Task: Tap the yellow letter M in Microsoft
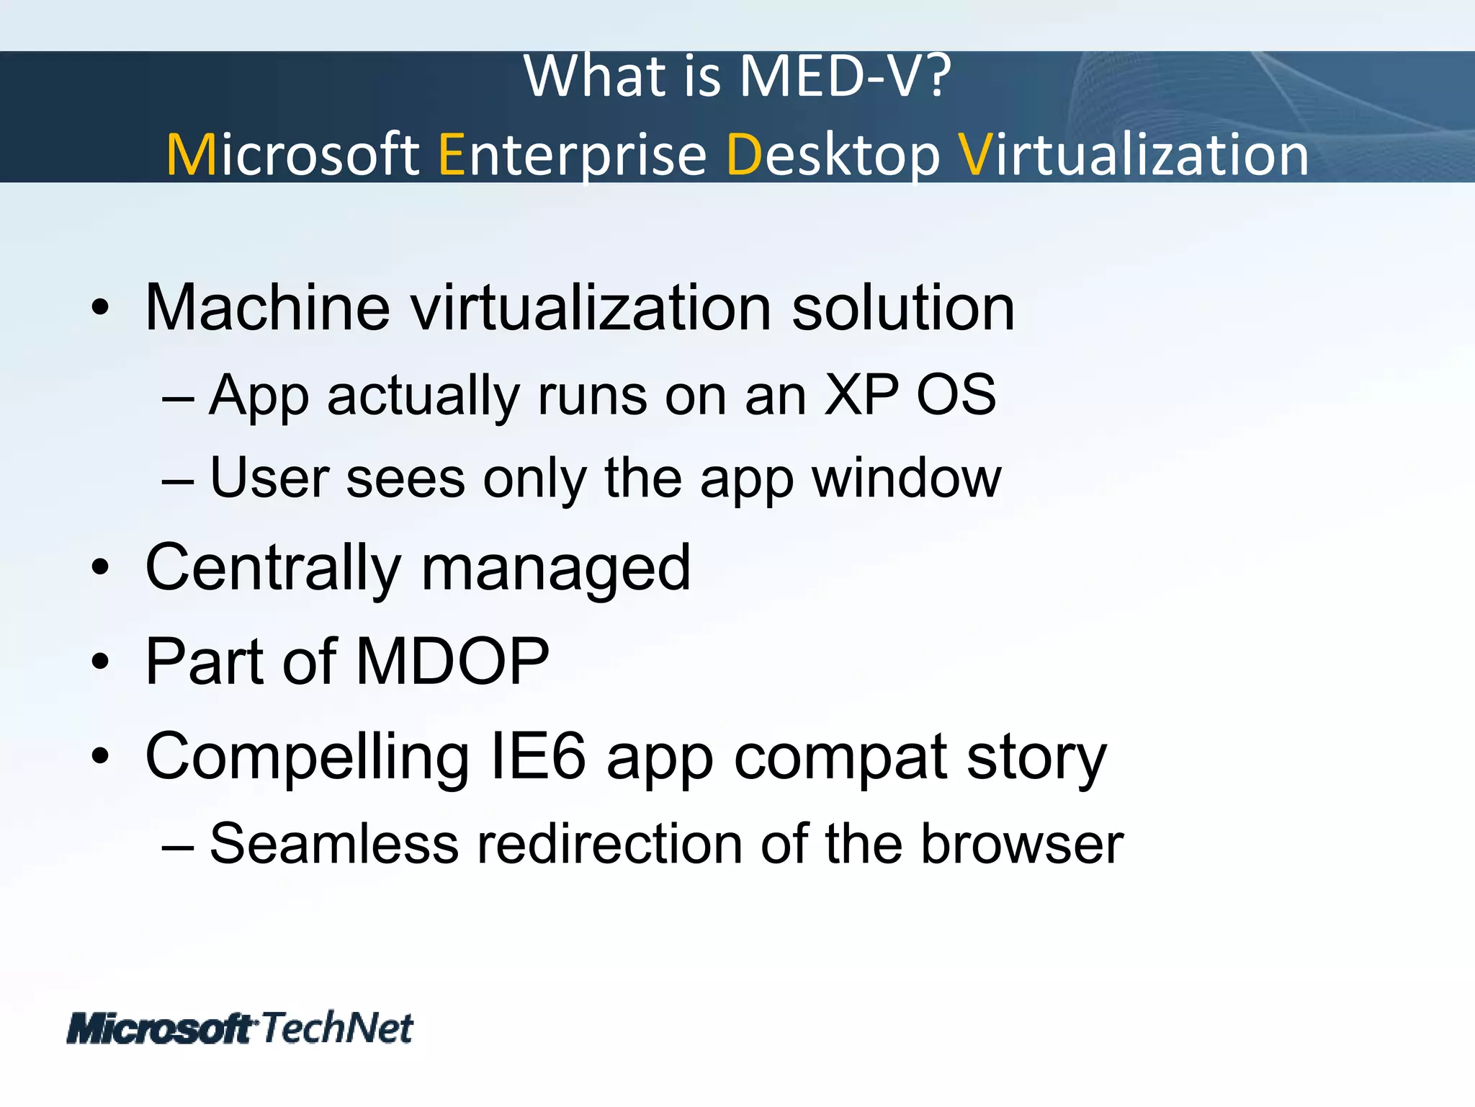click(x=191, y=155)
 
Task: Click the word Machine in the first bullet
click(x=267, y=308)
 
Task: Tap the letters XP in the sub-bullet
click(x=861, y=396)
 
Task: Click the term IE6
click(x=537, y=757)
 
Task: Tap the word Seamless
click(x=333, y=844)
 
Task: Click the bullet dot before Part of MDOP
click(x=100, y=662)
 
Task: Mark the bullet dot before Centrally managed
click(x=100, y=568)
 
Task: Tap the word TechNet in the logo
click(x=336, y=1028)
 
